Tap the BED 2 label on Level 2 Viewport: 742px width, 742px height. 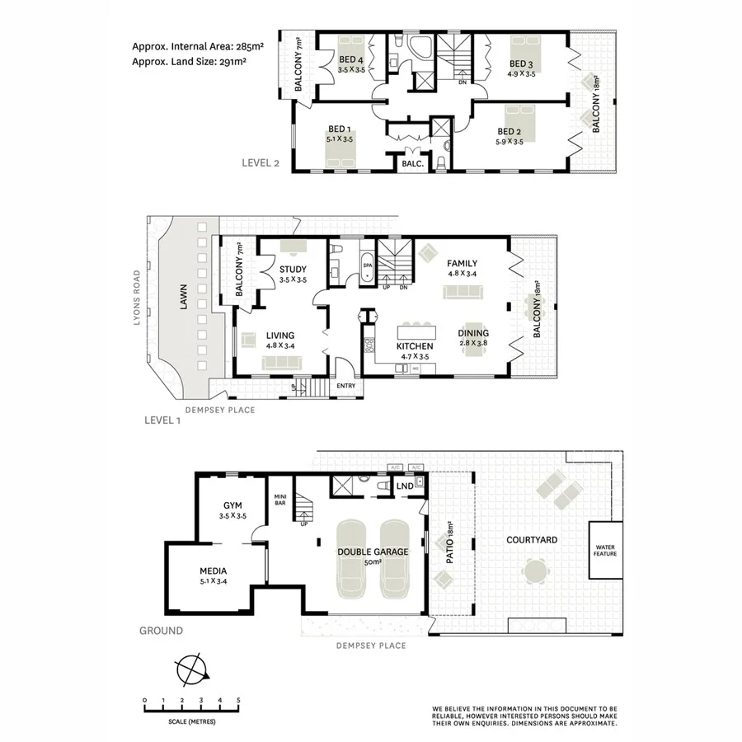pos(510,131)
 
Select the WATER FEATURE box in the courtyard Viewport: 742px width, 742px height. pos(606,548)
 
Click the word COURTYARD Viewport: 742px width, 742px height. pos(532,540)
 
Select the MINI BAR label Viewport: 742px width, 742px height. pos(279,498)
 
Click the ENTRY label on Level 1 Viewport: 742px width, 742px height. pos(345,385)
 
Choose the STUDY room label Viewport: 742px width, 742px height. pos(293,270)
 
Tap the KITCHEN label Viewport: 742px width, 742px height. pos(415,346)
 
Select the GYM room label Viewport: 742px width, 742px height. pos(232,505)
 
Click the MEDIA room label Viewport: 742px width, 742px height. pos(214,571)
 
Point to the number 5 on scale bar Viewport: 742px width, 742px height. pos(238,701)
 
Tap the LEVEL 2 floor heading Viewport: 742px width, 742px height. pos(261,162)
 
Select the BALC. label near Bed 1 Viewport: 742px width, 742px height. pos(412,164)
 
